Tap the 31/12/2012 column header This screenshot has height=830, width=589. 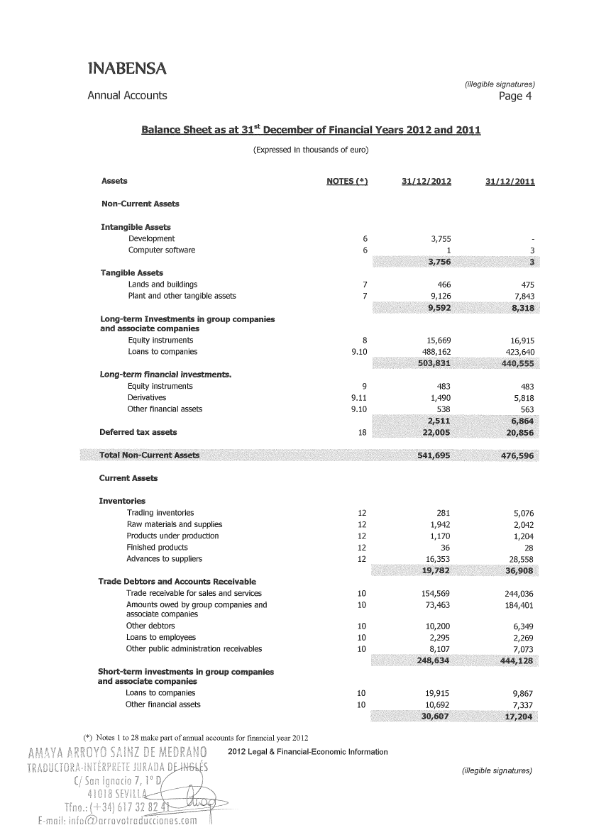[426, 182]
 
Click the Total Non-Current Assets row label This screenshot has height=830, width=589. [150, 455]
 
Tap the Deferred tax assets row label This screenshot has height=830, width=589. [139, 432]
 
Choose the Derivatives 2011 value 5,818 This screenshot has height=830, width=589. [522, 398]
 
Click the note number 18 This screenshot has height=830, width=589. [362, 432]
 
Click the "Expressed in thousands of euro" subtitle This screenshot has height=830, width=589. [311, 150]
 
